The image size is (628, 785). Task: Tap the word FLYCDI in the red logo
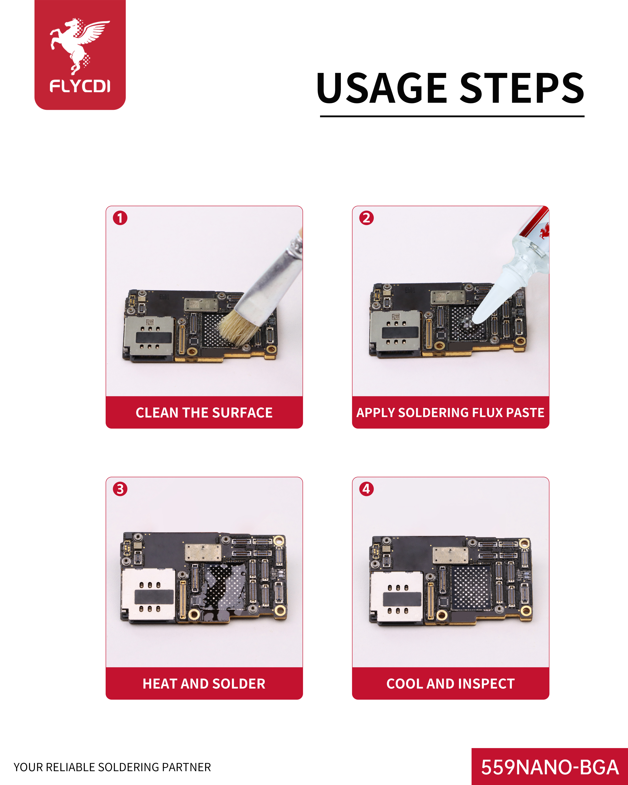pyautogui.click(x=80, y=86)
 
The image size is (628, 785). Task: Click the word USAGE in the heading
pyautogui.click(x=382, y=88)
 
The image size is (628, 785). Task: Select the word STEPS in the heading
pyautogui.click(x=522, y=88)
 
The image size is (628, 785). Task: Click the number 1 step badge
pyautogui.click(x=120, y=218)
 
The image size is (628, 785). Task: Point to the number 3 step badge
pyautogui.click(x=120, y=489)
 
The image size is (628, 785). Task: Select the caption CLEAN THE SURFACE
pyautogui.click(x=204, y=412)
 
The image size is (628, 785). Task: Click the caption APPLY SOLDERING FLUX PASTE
pyautogui.click(x=450, y=412)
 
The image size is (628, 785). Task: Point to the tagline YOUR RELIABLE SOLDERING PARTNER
pyautogui.click(x=112, y=767)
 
